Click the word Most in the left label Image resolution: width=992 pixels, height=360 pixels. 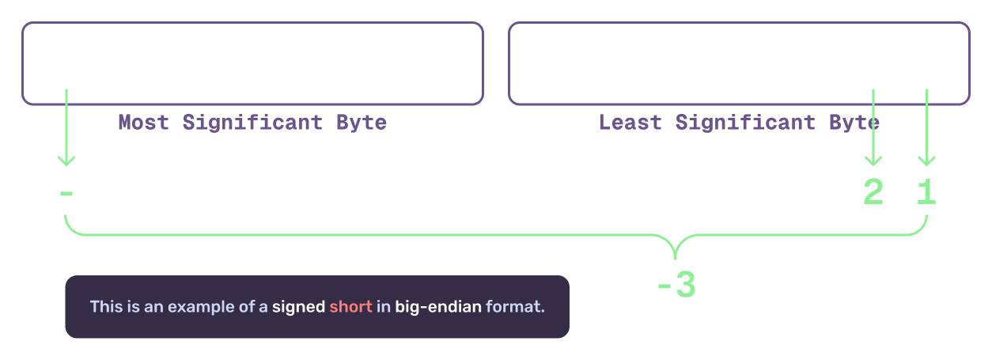pyautogui.click(x=143, y=123)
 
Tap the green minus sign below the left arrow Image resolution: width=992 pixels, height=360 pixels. pyautogui.click(x=66, y=192)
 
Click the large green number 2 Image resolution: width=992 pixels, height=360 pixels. pyautogui.click(x=873, y=192)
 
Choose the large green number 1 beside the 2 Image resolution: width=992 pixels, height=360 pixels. pyautogui.click(x=926, y=192)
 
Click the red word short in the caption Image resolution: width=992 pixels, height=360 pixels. pyautogui.click(x=350, y=307)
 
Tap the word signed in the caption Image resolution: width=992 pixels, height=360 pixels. pyautogui.click(x=298, y=307)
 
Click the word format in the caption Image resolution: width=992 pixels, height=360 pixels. pyautogui.click(x=515, y=307)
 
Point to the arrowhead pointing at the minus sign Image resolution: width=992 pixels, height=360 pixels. pyautogui.click(x=66, y=161)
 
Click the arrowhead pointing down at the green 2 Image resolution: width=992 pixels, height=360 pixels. pyautogui.click(x=873, y=161)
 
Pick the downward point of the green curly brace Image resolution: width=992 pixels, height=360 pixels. pyautogui.click(x=675, y=257)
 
